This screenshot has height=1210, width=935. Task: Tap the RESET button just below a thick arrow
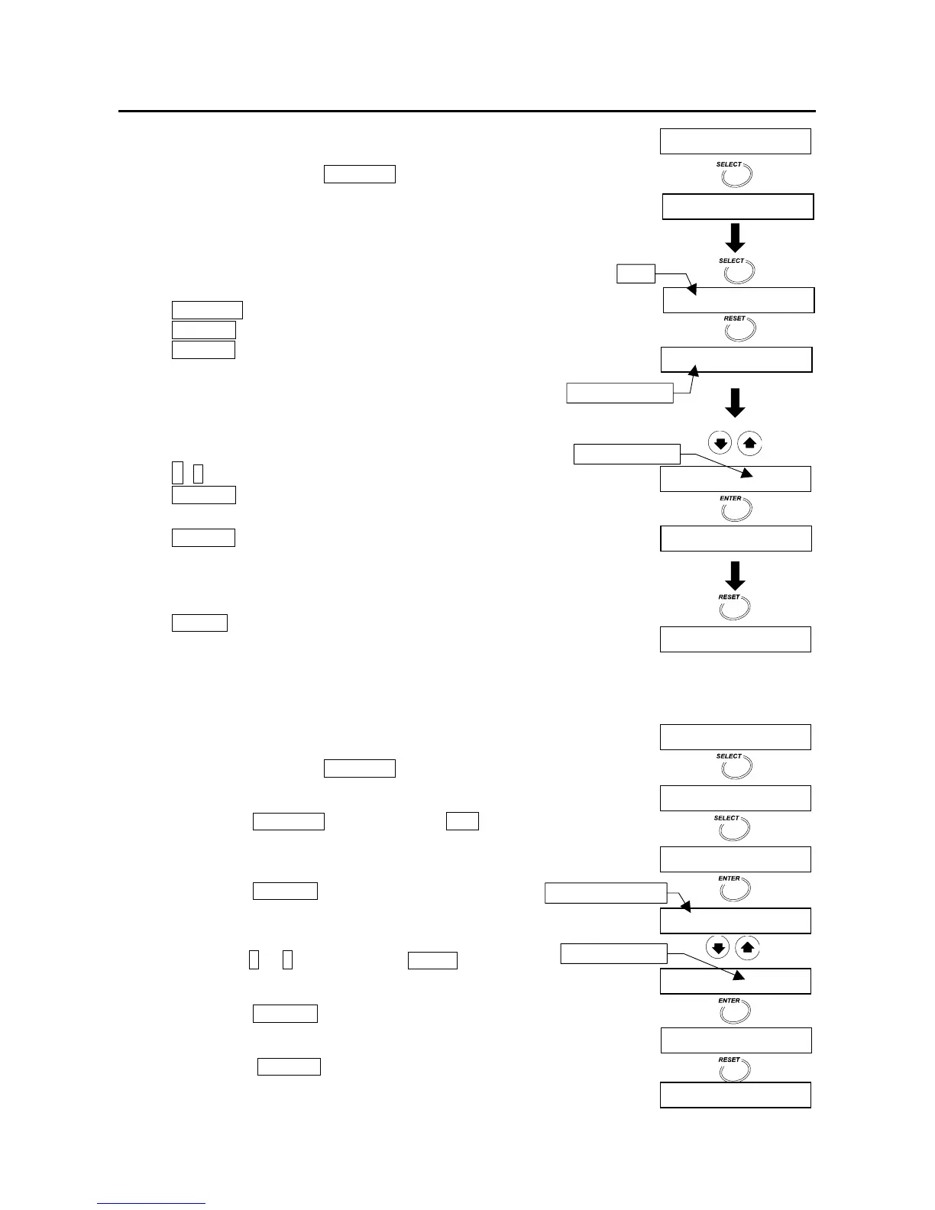(736, 607)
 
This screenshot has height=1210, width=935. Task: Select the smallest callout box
(636, 273)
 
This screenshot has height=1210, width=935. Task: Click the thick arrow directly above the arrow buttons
(735, 403)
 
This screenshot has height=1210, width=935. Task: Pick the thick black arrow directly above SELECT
(735, 238)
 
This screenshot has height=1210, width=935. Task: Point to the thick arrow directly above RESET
(735, 575)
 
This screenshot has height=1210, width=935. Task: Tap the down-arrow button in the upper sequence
(720, 443)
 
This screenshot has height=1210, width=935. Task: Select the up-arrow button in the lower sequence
(749, 948)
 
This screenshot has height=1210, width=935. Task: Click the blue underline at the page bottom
(151, 1204)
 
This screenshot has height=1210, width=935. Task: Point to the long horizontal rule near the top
(467, 112)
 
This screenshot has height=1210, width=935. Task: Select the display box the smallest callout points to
(739, 301)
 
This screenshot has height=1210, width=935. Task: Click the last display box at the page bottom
(735, 1095)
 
